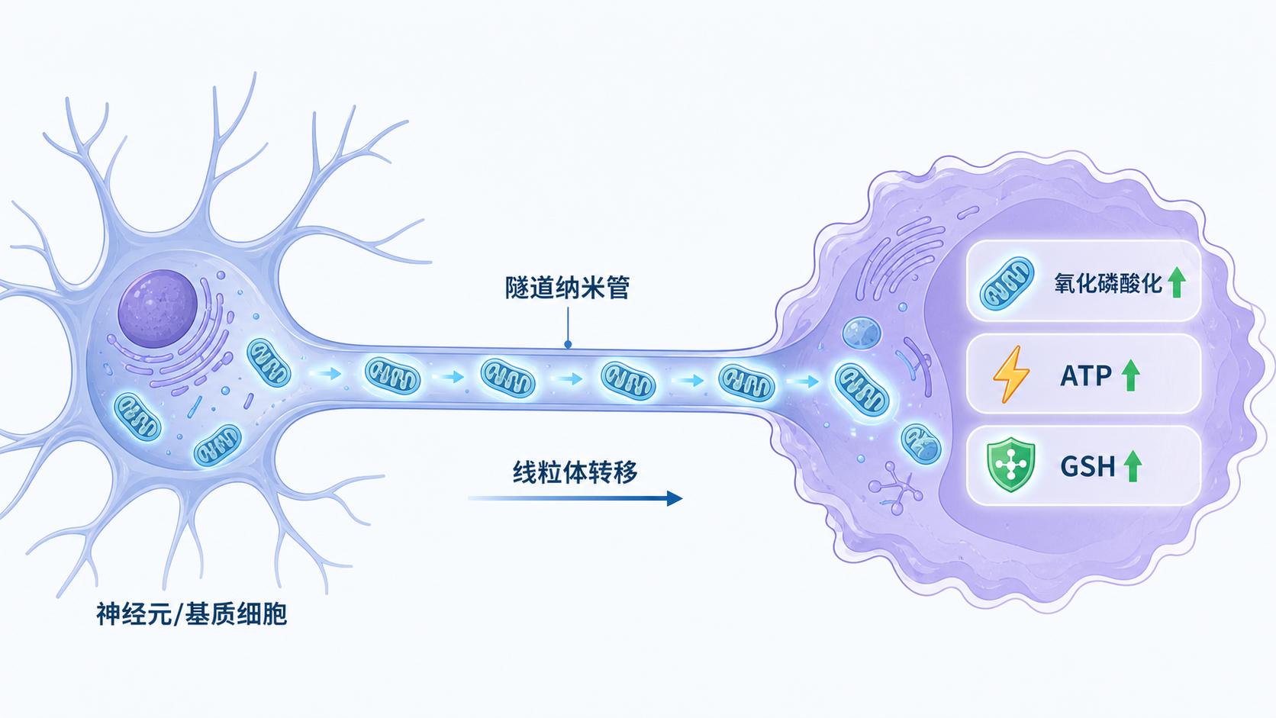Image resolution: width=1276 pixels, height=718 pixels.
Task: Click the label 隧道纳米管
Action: tap(567, 288)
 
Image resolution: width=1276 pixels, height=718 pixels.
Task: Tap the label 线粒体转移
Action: tap(575, 472)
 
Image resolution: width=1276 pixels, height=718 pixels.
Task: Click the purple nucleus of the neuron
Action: tap(158, 308)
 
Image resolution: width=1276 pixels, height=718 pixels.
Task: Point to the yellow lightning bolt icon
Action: tap(1011, 374)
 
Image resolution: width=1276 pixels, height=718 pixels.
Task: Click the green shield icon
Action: tap(1010, 465)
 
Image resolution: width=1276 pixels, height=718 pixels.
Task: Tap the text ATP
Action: tap(1086, 376)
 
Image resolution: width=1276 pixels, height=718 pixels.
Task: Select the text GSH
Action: tap(1088, 466)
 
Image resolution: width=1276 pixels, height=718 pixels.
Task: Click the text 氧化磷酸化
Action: tap(1108, 283)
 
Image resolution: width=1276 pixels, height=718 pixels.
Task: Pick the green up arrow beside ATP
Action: tap(1131, 375)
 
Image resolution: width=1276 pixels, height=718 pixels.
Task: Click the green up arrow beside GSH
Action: tap(1133, 465)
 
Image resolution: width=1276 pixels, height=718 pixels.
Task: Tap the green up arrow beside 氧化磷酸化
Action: tap(1177, 282)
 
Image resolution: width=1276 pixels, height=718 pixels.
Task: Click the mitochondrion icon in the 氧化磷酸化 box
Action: tap(1007, 284)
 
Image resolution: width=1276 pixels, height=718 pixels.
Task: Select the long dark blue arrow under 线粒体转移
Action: tap(575, 498)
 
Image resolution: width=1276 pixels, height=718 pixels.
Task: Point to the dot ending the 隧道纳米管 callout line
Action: tap(568, 344)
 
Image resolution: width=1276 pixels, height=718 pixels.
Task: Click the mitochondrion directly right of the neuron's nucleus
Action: tap(269, 362)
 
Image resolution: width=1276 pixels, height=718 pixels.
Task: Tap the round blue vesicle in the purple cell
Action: tap(862, 333)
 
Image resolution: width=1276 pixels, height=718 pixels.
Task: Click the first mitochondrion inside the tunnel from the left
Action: tap(392, 376)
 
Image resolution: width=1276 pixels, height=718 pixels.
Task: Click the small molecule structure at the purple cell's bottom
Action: tap(895, 488)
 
